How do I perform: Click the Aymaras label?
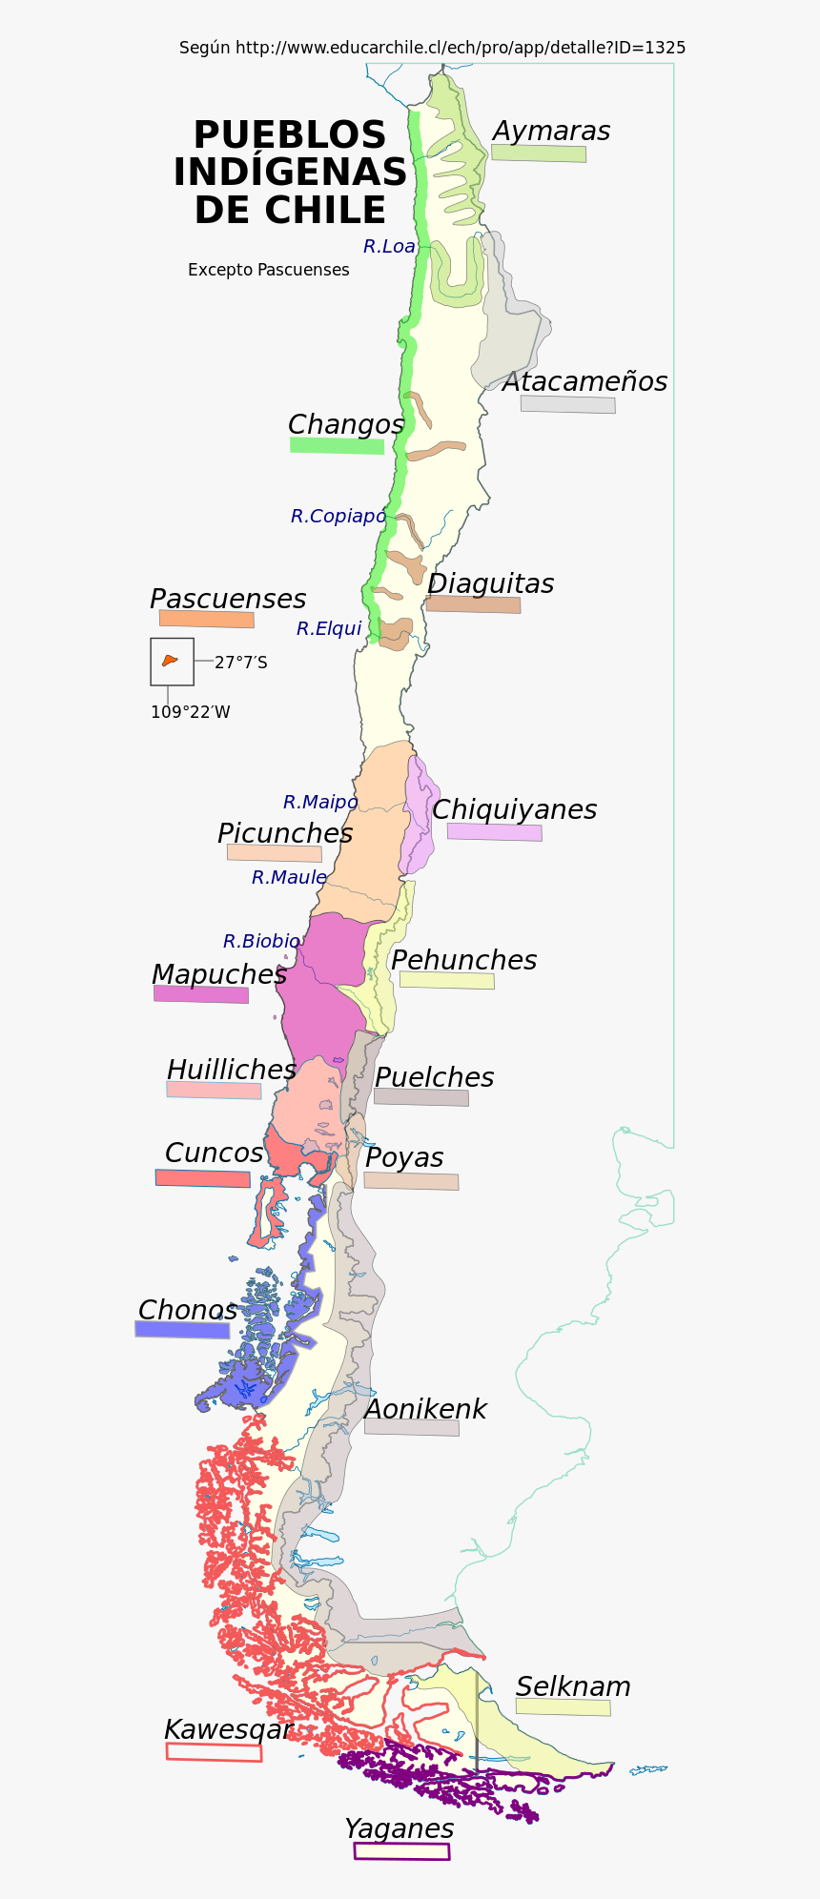(x=551, y=132)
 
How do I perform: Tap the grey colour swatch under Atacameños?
(x=567, y=404)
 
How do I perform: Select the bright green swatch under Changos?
(x=337, y=445)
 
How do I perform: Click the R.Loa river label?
(x=388, y=247)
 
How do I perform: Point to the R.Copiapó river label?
(x=338, y=517)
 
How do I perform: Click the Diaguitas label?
(x=490, y=583)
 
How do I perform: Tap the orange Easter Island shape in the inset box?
(x=170, y=660)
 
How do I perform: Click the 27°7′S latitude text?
(x=240, y=663)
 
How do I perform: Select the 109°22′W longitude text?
(x=190, y=712)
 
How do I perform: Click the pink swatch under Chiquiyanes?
(x=494, y=831)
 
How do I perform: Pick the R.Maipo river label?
(x=319, y=803)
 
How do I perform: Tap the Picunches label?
(x=284, y=833)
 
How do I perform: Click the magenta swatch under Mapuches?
(x=200, y=994)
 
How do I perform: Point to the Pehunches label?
(x=463, y=960)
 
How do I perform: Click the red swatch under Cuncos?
(x=202, y=1178)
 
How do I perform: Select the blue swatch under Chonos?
(x=182, y=1329)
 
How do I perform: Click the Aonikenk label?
(x=425, y=1409)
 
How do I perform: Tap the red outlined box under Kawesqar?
(x=214, y=1752)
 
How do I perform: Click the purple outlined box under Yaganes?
(x=401, y=1851)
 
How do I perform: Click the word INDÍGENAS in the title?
(x=290, y=173)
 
